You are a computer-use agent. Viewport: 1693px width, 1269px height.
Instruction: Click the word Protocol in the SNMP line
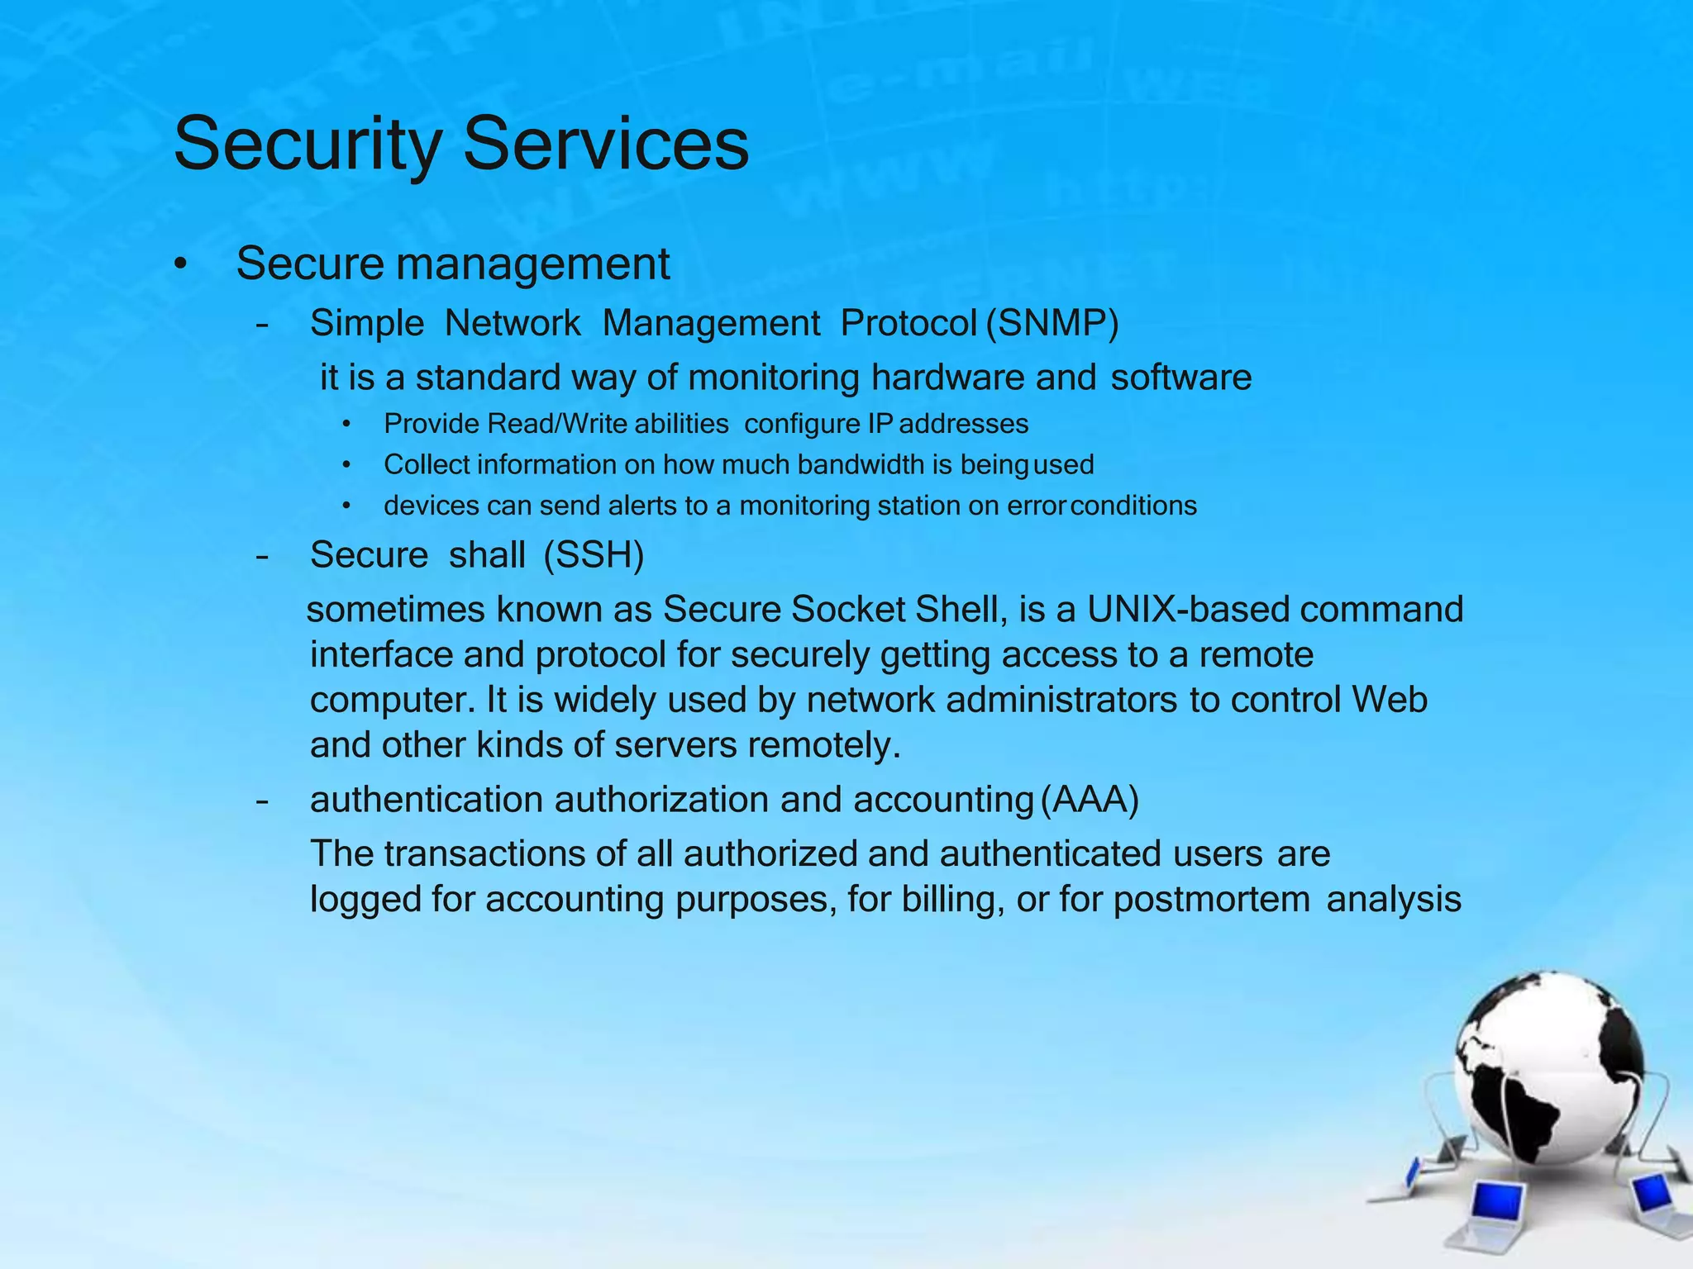click(x=908, y=323)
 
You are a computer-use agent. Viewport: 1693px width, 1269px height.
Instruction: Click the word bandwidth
click(x=861, y=464)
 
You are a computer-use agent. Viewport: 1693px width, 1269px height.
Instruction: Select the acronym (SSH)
click(x=594, y=555)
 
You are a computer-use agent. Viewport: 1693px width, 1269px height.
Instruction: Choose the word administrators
click(x=1061, y=701)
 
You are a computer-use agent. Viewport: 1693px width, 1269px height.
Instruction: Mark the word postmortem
click(x=1211, y=900)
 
